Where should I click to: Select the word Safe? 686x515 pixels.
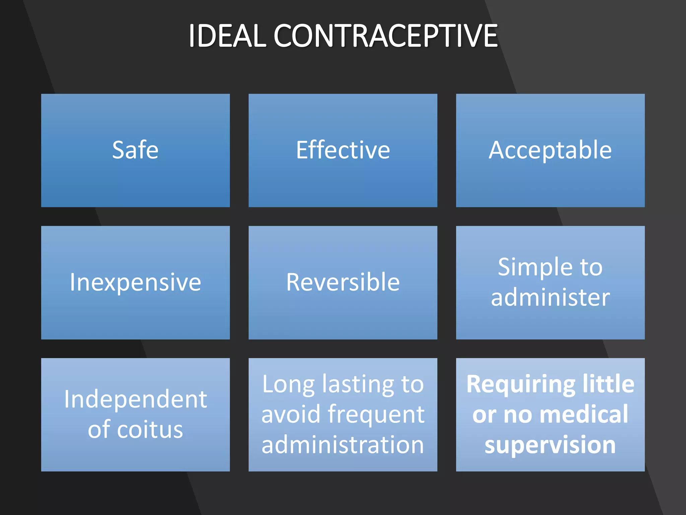click(135, 150)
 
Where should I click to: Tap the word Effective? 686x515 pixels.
click(343, 150)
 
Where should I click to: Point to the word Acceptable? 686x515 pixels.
click(550, 150)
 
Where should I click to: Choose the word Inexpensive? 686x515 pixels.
click(135, 282)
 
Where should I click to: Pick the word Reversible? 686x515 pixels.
click(343, 282)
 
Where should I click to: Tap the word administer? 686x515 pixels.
click(550, 297)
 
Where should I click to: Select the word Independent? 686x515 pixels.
click(135, 399)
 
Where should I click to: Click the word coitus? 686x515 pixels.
click(150, 430)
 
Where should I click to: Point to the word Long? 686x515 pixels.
click(288, 384)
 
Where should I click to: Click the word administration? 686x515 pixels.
click(343, 445)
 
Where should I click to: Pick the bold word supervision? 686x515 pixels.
click(550, 445)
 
